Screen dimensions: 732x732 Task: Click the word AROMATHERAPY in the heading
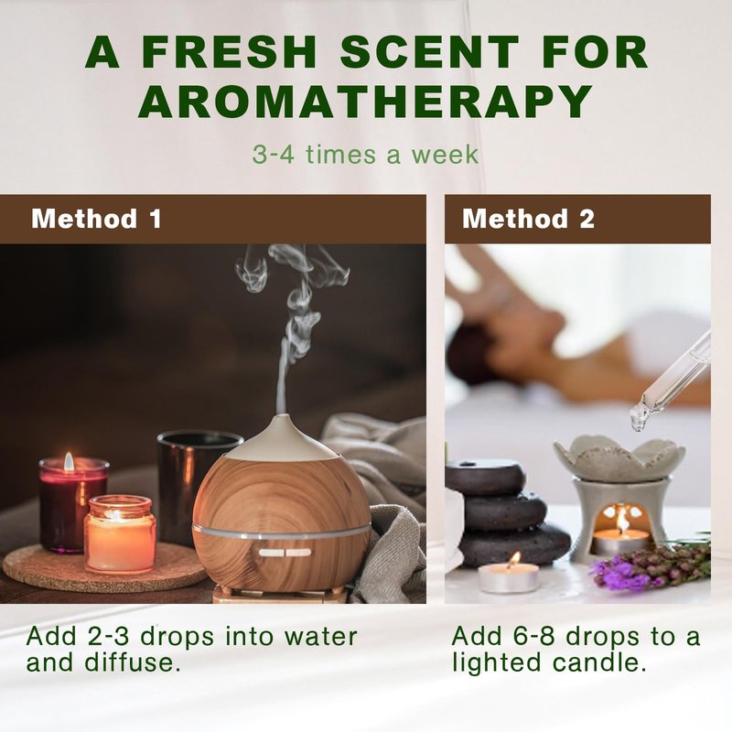(365, 101)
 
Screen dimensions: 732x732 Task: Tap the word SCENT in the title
(429, 51)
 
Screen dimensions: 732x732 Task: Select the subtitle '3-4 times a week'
(365, 155)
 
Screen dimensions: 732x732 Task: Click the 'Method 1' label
(97, 219)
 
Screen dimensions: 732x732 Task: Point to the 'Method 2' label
(529, 219)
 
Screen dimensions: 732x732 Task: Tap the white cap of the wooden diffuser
(283, 439)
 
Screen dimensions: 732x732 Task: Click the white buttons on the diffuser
(285, 553)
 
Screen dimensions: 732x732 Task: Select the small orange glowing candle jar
(120, 534)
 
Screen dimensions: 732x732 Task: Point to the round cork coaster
(101, 567)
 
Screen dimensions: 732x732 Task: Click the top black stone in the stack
(486, 477)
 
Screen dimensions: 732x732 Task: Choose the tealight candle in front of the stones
(509, 576)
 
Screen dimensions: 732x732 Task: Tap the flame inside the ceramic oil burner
(621, 522)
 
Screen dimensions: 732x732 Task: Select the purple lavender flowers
(651, 565)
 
